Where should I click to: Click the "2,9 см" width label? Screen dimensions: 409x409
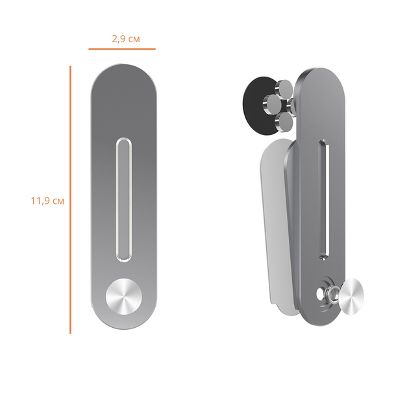click(126, 39)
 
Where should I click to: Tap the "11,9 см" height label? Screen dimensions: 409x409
click(47, 201)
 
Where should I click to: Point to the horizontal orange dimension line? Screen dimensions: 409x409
click(122, 49)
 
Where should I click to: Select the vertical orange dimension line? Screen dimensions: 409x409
click(70, 199)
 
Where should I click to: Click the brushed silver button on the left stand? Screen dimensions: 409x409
click(124, 297)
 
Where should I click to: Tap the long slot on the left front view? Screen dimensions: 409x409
click(123, 199)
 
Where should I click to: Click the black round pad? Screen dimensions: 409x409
click(258, 105)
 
